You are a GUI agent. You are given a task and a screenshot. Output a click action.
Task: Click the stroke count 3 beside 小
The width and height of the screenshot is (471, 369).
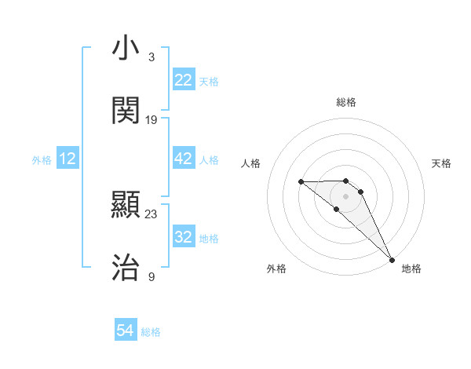(152, 57)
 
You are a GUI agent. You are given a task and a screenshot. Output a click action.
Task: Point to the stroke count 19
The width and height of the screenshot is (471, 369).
(152, 119)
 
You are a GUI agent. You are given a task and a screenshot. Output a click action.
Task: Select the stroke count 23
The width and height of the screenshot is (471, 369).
(152, 214)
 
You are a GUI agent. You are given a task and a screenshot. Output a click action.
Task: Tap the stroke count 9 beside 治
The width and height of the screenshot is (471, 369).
(152, 276)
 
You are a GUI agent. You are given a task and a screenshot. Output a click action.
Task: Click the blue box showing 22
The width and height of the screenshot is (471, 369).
(183, 80)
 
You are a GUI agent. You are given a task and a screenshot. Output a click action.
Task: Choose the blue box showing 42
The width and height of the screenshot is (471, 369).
(183, 159)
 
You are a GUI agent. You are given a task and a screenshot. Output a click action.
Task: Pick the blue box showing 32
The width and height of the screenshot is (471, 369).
(183, 237)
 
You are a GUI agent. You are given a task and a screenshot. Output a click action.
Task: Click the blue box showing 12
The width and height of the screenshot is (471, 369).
(68, 159)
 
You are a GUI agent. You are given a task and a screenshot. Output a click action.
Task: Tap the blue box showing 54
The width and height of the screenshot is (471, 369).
(126, 331)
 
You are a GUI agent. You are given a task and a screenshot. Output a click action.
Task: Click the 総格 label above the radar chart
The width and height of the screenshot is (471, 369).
(346, 102)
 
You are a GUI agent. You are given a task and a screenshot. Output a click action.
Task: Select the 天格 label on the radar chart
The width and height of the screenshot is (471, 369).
(441, 163)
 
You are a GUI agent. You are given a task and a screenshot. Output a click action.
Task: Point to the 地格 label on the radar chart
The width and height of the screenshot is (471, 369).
(411, 269)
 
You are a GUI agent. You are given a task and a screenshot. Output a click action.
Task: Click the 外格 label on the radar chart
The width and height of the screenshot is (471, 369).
(276, 269)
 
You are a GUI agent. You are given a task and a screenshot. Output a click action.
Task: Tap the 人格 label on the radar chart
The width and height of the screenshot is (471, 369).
(251, 163)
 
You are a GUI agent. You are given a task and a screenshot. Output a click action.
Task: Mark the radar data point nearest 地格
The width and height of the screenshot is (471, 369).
(392, 259)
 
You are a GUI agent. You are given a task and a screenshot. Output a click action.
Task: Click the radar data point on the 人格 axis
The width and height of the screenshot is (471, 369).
(301, 181)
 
